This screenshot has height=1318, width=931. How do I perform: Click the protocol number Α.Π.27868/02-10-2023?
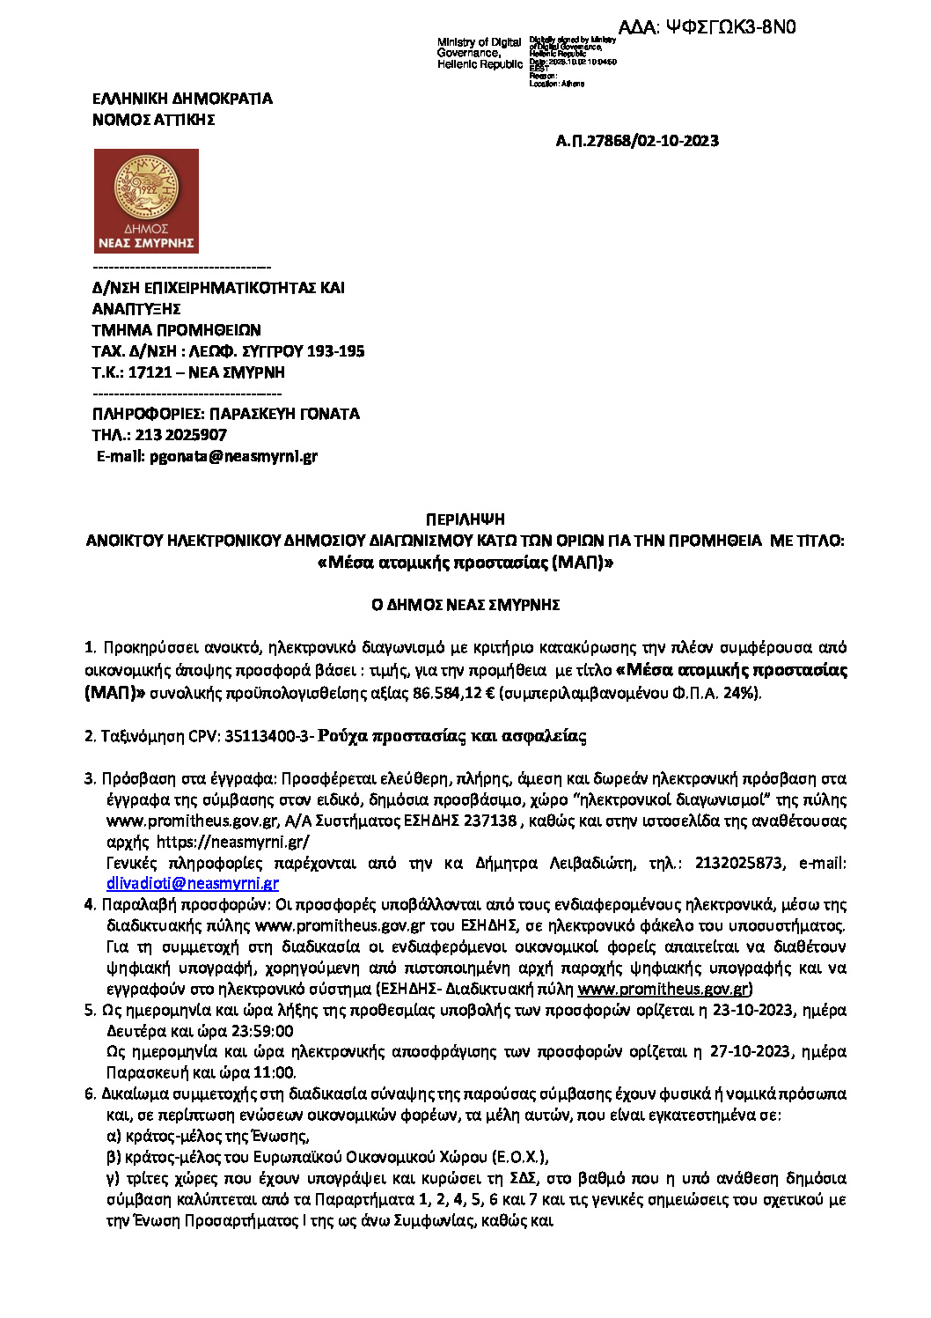pyautogui.click(x=637, y=141)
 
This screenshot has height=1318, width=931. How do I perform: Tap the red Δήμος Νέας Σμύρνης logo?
pyautogui.click(x=146, y=201)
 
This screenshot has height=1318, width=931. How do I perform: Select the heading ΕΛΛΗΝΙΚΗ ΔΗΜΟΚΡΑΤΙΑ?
pyautogui.click(x=182, y=99)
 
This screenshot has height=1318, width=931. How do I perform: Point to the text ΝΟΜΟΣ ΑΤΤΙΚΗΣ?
pyautogui.click(x=153, y=120)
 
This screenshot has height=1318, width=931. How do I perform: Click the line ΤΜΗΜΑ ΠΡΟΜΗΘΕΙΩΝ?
pyautogui.click(x=176, y=330)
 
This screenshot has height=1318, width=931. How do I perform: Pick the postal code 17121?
pyautogui.click(x=150, y=372)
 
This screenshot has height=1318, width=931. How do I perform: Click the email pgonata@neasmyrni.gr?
pyautogui.click(x=233, y=456)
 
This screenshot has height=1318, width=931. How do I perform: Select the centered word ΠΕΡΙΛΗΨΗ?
pyautogui.click(x=465, y=519)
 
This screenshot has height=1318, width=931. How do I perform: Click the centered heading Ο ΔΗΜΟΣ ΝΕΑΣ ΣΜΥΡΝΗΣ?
pyautogui.click(x=465, y=605)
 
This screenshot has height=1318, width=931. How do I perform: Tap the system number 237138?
pyautogui.click(x=490, y=821)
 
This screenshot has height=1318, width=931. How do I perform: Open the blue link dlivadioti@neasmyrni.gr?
pyautogui.click(x=192, y=883)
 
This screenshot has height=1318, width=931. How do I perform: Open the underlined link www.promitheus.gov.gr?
pyautogui.click(x=663, y=989)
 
